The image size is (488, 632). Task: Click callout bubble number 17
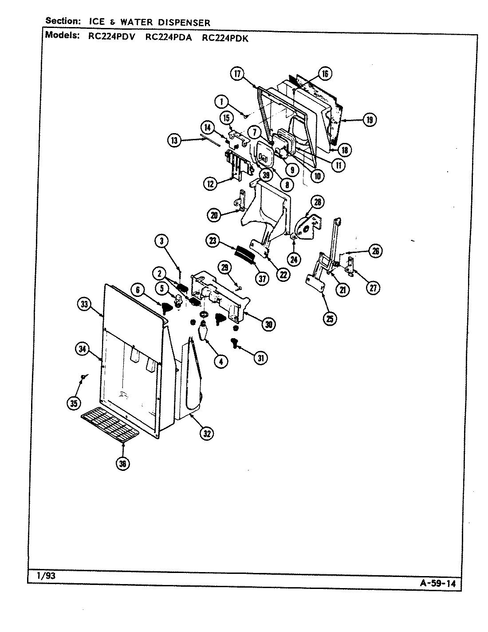[x=237, y=74]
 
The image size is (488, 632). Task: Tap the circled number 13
[x=174, y=141]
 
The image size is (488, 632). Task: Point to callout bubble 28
[x=317, y=202]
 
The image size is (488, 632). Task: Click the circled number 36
[x=122, y=464]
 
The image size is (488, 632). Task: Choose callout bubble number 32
[x=206, y=433]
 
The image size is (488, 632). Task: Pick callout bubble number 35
[x=74, y=403]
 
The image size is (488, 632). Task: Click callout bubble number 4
[x=220, y=361]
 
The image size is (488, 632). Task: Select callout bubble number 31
[x=260, y=357]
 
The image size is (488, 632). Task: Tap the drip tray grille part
[x=110, y=426]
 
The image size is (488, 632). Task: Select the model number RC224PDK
[x=225, y=38]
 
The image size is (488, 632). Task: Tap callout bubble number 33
[x=84, y=304]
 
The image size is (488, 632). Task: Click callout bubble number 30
[x=268, y=324]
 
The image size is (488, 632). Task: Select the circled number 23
[x=213, y=241]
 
